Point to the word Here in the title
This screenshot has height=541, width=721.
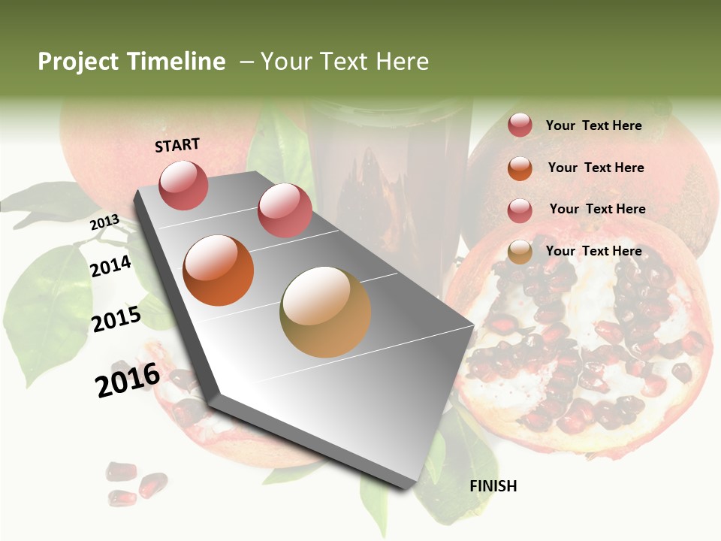click(x=401, y=62)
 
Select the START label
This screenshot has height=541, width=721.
click(x=177, y=145)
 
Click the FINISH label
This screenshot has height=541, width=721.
click(x=493, y=486)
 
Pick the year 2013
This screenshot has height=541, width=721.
click(x=105, y=222)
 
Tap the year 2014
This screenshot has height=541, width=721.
click(x=111, y=266)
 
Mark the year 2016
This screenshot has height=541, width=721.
click(x=128, y=379)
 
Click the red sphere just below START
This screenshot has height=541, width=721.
click(x=183, y=185)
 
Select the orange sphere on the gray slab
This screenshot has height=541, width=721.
click(x=218, y=270)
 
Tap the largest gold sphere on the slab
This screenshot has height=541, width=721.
click(x=325, y=312)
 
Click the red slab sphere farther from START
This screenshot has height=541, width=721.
click(x=285, y=210)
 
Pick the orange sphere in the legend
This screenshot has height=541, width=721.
click(x=520, y=168)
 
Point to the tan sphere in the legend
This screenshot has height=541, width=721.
click(x=520, y=252)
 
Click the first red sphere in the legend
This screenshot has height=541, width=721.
click(x=520, y=125)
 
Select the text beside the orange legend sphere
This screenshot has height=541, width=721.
click(x=596, y=168)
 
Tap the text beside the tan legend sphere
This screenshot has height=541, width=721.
click(x=593, y=251)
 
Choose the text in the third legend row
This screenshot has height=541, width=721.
click(x=597, y=209)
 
